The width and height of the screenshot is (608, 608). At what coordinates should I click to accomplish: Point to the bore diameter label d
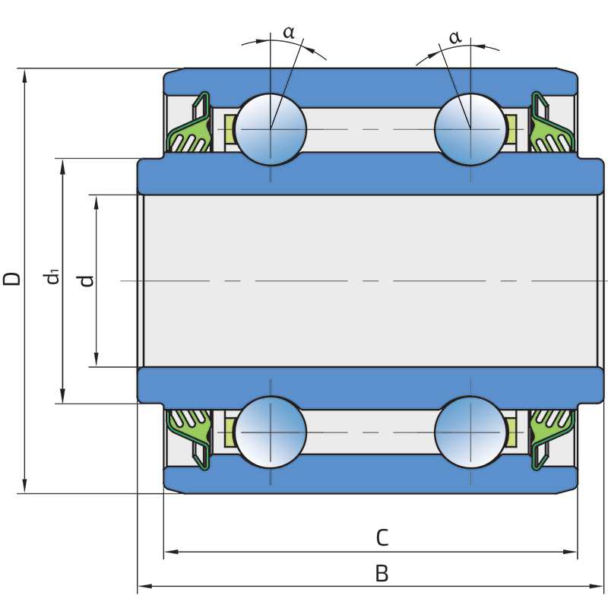coord(87,280)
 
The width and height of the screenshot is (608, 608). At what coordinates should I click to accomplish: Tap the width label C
coord(382,538)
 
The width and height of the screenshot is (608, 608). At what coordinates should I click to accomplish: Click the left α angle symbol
coord(289,33)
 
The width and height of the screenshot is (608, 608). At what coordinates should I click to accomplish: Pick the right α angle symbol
coord(454,36)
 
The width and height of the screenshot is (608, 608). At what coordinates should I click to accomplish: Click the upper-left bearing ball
coord(271,129)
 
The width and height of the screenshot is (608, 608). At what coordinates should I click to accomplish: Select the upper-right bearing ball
coord(470,129)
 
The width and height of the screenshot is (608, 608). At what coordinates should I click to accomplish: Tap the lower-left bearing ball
coord(271,432)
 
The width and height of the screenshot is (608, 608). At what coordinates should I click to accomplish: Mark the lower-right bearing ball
coord(470,432)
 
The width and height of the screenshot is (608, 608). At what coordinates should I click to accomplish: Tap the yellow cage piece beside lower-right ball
coord(511,432)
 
